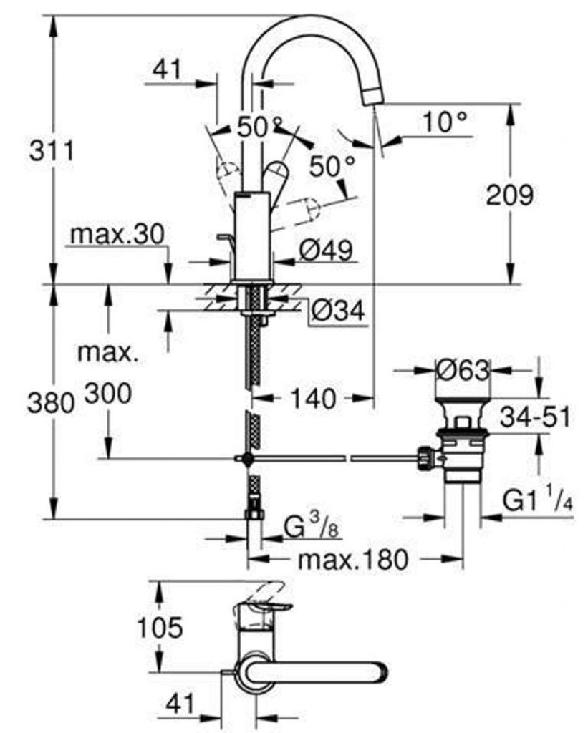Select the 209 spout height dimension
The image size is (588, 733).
click(x=509, y=195)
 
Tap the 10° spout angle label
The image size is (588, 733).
click(x=445, y=122)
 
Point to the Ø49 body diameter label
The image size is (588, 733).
click(x=326, y=250)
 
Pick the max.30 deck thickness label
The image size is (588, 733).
click(x=117, y=234)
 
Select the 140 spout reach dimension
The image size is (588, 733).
click(x=313, y=399)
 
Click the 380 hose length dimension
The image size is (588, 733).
click(x=51, y=402)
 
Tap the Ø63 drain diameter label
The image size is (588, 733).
click(x=463, y=371)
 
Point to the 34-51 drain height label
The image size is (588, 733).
click(x=535, y=417)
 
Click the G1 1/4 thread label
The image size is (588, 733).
click(x=538, y=501)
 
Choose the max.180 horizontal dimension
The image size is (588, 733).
click(x=353, y=559)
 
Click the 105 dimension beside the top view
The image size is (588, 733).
click(x=160, y=627)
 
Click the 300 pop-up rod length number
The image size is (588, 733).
click(x=108, y=394)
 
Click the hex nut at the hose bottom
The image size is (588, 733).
click(x=254, y=514)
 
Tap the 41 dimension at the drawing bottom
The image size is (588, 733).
click(x=179, y=704)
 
